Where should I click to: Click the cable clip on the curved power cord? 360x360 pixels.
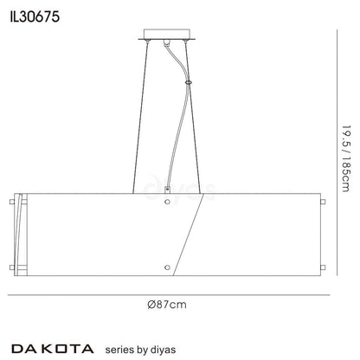(x=188, y=83)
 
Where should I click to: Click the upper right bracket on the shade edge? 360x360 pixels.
(x=322, y=203)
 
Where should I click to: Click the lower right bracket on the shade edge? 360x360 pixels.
(x=322, y=267)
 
